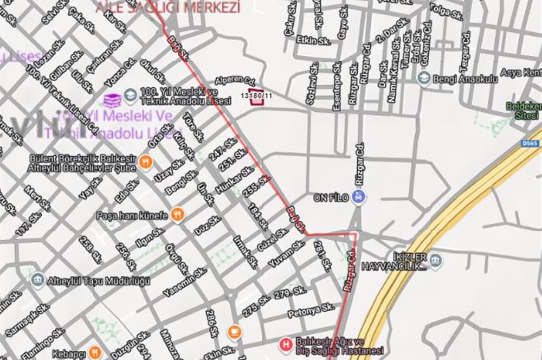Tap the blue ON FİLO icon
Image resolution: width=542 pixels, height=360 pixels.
[x=357, y=196]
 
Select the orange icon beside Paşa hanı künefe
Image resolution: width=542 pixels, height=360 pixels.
[x=177, y=215]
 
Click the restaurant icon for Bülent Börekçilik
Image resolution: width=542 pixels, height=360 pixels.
[x=145, y=162]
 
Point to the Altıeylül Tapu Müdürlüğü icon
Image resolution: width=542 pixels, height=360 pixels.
[x=37, y=280]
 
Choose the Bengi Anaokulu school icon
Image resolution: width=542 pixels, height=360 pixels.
[x=424, y=79]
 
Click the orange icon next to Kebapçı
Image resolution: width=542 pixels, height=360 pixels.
[x=95, y=351]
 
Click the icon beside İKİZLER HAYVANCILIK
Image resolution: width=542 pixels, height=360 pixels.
[x=435, y=261]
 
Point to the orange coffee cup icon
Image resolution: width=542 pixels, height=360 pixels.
[x=234, y=331]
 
